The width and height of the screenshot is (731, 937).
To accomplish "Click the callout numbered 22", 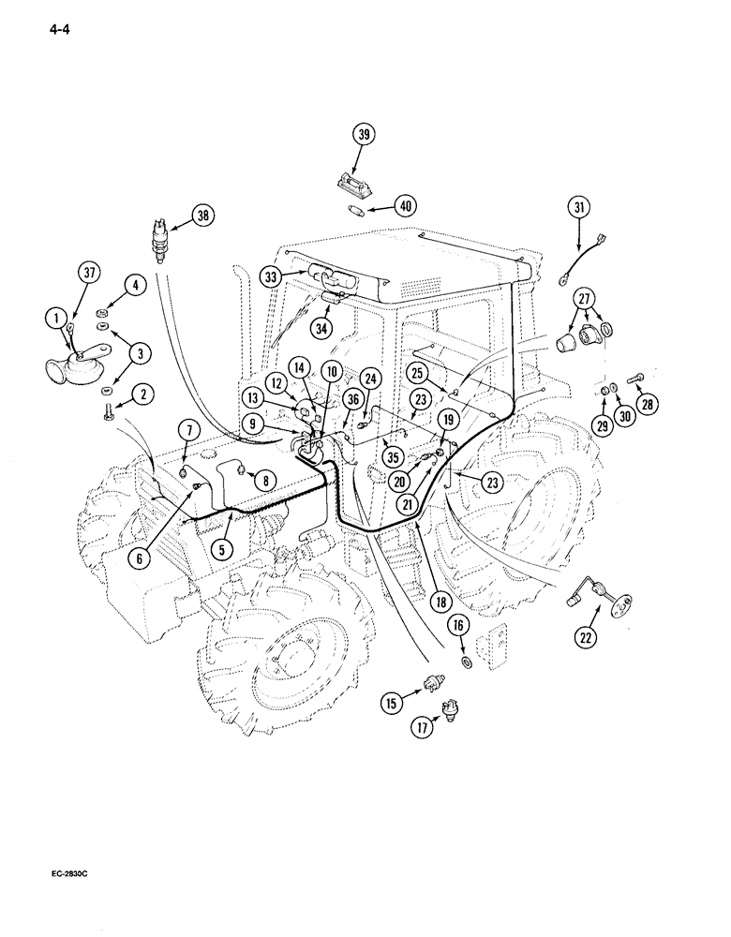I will pos(586,638).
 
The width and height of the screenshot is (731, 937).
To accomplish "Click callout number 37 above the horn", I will pos(89,274).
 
